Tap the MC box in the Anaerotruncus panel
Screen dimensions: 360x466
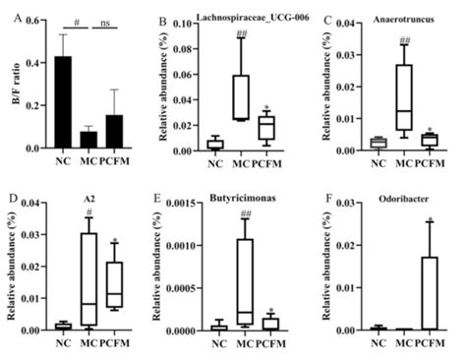[x=402, y=97]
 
